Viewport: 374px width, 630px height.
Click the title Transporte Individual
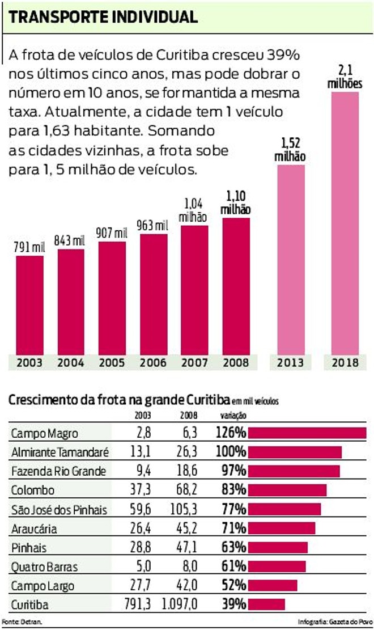[103, 17]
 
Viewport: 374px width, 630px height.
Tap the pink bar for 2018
[345, 221]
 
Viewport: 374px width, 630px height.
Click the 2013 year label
[291, 362]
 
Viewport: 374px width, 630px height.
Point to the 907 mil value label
[112, 233]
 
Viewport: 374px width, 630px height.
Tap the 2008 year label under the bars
[236, 362]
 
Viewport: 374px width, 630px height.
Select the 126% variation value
[231, 434]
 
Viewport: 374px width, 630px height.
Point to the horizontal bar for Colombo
[287, 490]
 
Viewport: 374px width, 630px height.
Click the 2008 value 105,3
[183, 509]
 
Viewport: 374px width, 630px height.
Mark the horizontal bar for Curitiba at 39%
[266, 604]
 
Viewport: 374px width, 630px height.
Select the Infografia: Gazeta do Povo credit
[335, 622]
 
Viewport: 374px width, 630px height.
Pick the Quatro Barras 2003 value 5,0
[143, 566]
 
